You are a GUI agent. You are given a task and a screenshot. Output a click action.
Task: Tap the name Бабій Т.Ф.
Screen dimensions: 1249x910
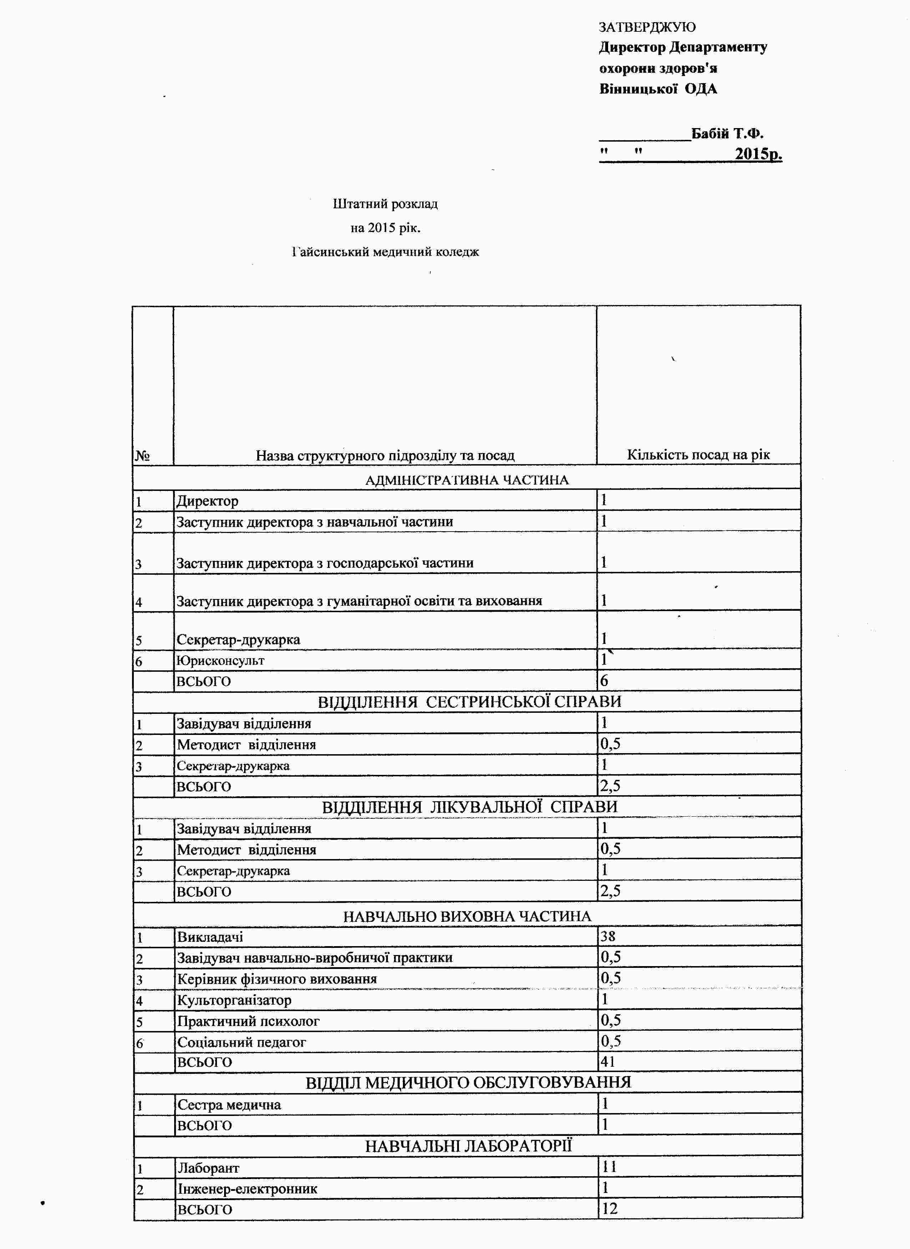pos(727,133)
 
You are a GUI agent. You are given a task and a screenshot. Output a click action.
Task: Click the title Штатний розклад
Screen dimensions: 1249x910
pos(385,204)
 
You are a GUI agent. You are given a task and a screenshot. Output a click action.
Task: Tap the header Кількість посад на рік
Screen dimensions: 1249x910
pos(698,455)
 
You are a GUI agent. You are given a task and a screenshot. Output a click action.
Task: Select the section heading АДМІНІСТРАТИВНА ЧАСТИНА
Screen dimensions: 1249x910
pos(466,480)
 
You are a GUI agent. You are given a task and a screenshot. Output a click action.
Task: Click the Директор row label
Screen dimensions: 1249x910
pos(207,501)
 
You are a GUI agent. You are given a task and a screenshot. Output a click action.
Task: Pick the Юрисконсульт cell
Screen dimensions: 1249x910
pos(220,660)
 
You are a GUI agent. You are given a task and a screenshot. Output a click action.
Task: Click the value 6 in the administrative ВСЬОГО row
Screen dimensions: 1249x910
pos(604,681)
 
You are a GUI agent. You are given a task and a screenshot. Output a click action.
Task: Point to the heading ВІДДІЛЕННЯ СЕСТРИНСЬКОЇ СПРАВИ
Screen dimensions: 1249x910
pos(469,702)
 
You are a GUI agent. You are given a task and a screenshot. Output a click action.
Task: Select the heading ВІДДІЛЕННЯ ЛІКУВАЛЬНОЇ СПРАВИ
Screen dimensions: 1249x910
pos(469,807)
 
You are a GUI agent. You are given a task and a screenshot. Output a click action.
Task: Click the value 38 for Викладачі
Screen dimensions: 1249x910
pos(608,936)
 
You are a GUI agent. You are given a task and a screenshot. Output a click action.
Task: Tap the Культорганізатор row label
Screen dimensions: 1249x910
pos(234,1000)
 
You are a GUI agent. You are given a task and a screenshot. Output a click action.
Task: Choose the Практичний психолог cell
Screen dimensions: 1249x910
pos(248,1021)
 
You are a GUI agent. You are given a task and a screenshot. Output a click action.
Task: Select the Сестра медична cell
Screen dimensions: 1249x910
pos(229,1105)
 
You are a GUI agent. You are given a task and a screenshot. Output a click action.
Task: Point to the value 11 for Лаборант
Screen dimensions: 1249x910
pos(609,1166)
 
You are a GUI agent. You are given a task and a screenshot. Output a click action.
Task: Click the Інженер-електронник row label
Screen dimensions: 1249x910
pos(247,1188)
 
